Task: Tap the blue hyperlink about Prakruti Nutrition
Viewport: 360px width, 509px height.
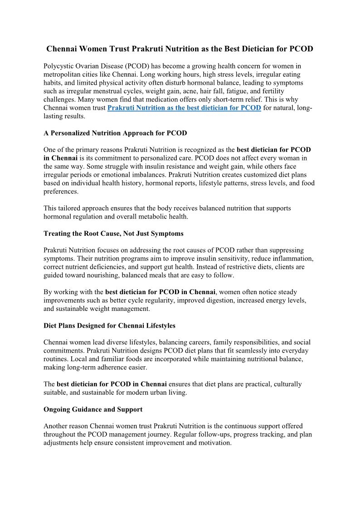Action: pyautogui.click(x=184, y=108)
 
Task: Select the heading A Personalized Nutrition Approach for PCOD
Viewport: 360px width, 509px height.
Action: pyautogui.click(x=115, y=133)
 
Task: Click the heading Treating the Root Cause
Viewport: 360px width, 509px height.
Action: pyautogui.click(x=113, y=233)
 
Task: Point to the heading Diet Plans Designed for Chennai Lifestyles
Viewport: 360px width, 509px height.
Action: pyautogui.click(x=109, y=325)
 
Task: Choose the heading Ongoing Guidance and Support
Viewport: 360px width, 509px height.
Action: pyautogui.click(x=93, y=409)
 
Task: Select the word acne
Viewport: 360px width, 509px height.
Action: pyautogui.click(x=194, y=91)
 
